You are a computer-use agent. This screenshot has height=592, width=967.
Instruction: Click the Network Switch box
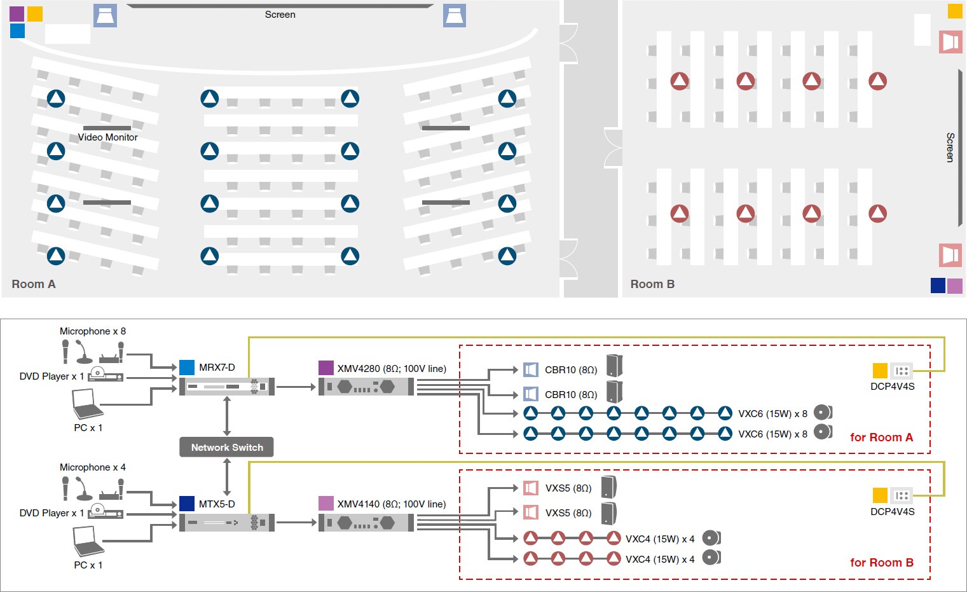coord(227,447)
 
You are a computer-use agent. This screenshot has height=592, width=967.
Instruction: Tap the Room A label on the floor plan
coord(34,284)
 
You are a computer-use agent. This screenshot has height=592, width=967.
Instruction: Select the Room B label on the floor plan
coord(652,284)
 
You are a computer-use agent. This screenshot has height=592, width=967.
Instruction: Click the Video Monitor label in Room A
coord(107,137)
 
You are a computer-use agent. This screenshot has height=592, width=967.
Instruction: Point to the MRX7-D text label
coord(217,368)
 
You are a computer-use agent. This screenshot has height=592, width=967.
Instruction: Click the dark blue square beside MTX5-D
coord(187,504)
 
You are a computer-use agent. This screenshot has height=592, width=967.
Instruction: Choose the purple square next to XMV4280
coord(326,368)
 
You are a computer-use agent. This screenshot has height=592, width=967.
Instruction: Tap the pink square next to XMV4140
coord(326,504)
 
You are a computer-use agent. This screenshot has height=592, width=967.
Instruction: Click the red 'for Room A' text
coord(881,437)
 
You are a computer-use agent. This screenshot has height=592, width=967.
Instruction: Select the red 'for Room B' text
coord(881,563)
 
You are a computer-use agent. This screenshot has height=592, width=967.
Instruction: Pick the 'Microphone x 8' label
coord(93,331)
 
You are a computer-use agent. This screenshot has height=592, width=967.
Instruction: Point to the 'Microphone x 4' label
coord(93,467)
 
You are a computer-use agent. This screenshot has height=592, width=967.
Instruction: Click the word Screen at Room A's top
coord(280,15)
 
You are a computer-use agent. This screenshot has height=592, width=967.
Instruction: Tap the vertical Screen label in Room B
coord(950,148)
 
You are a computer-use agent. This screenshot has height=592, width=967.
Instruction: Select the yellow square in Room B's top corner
coord(955,11)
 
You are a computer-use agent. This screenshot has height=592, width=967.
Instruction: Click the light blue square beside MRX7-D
coord(187,368)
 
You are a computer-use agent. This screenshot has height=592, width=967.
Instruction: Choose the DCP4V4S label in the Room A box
coord(892,387)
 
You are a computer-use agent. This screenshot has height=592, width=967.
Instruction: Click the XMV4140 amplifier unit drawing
coord(366,523)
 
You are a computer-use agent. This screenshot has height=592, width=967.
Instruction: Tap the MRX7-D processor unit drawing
coord(227,386)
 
